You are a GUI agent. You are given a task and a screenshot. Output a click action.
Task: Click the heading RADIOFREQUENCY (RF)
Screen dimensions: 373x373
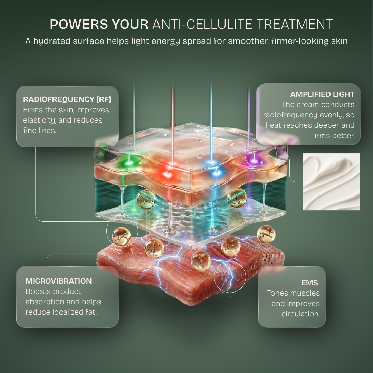click(x=67, y=99)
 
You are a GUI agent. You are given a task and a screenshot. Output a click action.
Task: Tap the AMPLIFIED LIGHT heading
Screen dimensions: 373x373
click(x=322, y=94)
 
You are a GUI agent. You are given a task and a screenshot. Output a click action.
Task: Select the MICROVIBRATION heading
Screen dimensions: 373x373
click(x=58, y=281)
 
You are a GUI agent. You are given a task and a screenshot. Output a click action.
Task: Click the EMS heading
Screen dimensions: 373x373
click(x=309, y=283)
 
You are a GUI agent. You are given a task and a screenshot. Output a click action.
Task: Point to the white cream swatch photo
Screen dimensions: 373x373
click(x=331, y=182)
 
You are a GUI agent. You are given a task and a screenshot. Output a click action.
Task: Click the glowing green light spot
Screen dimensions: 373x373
click(x=129, y=163)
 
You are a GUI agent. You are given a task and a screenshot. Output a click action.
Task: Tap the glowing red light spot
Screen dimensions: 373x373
click(x=168, y=174)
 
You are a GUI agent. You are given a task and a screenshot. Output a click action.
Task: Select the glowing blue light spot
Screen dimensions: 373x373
click(x=216, y=172)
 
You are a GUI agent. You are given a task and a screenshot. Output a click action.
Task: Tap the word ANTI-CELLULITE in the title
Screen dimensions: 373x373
click(x=202, y=24)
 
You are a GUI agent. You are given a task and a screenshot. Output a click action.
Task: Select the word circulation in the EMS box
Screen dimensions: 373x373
click(x=300, y=314)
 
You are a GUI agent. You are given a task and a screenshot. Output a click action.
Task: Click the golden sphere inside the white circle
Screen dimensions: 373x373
click(x=121, y=236)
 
